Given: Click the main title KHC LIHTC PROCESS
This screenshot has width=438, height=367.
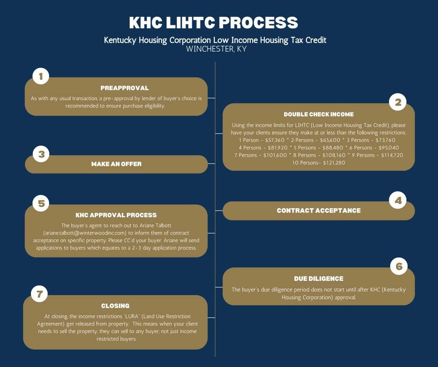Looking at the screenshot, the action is pos(214,23).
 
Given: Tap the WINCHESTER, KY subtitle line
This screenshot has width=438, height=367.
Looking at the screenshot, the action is pos(216,49).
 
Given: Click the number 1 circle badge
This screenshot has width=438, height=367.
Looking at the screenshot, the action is pos(41,76).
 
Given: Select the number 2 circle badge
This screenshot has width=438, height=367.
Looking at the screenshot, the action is pos(398,102).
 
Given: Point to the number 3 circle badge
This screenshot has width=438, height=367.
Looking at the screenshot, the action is pos(41,154).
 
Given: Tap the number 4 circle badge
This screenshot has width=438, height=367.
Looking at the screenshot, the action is pos(398,200).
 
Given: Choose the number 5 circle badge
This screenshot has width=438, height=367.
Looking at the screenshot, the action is pos(41,203).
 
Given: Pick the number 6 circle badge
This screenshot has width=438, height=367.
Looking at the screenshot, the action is pos(399,266).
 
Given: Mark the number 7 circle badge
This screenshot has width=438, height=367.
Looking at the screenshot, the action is pos(39,294).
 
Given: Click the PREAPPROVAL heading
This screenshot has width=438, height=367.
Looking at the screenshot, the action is pos(125,88).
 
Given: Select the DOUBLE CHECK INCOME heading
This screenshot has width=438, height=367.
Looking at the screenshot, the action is pos(319,114).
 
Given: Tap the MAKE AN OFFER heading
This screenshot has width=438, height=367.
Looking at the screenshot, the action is pos(116,164).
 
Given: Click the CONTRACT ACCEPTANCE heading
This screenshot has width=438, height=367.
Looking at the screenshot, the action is pos(319,210).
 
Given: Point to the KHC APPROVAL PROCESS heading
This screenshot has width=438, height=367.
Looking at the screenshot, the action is pos(116,215).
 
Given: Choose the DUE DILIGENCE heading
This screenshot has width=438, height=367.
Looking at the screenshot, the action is pos(319,279).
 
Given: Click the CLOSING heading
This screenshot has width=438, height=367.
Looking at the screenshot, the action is pos(115,306).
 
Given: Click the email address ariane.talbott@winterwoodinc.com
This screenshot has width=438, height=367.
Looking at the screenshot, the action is pos(85,233).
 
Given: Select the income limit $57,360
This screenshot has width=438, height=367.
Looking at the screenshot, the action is pos(275,140).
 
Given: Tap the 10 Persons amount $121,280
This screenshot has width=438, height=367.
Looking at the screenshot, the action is pos(334,163).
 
